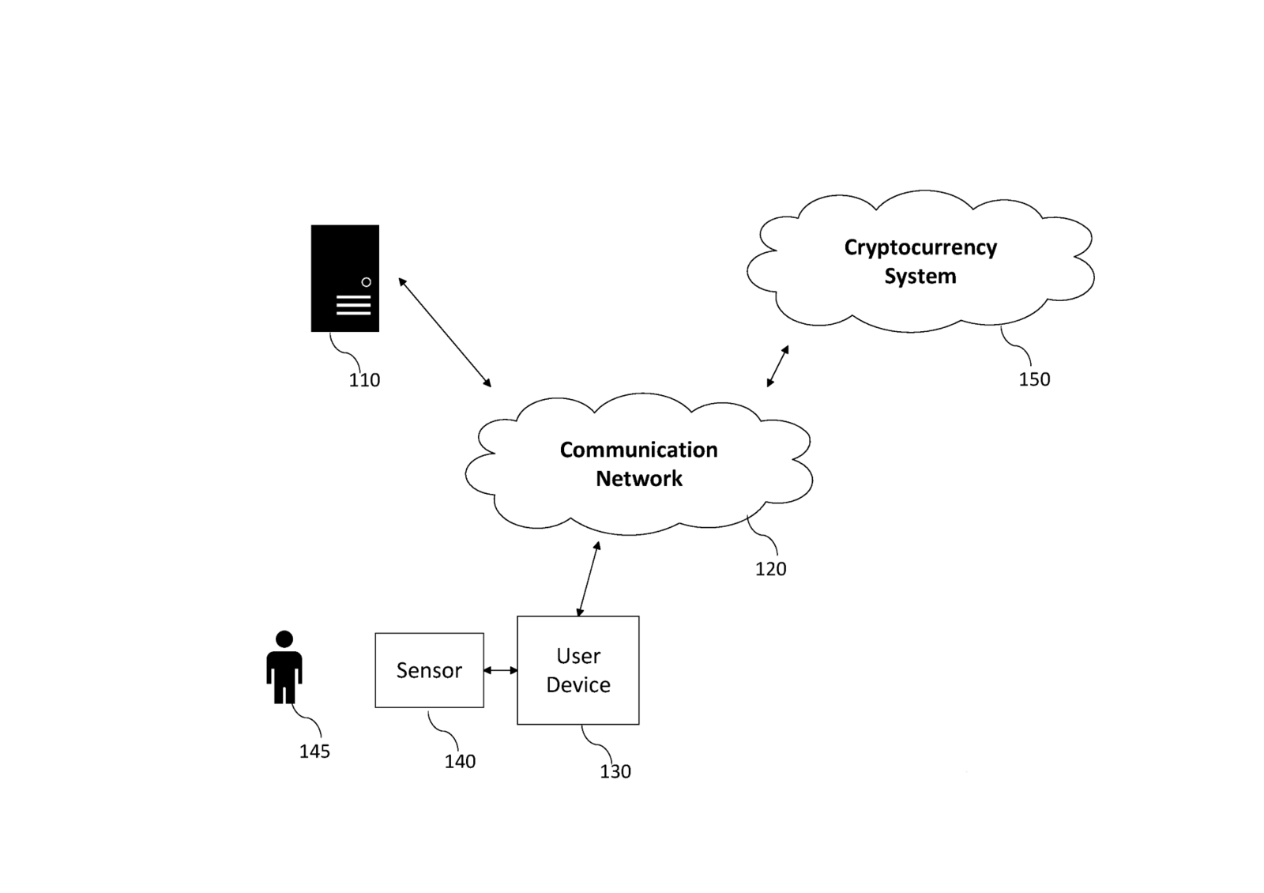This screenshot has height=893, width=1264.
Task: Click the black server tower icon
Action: pyautogui.click(x=344, y=278)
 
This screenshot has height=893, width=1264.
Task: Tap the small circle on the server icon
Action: pyautogui.click(x=367, y=282)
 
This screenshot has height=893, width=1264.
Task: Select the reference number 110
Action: pyautogui.click(x=364, y=380)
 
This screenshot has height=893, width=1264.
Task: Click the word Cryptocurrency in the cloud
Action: pyautogui.click(x=920, y=248)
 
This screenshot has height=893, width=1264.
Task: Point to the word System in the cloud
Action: pyautogui.click(x=920, y=276)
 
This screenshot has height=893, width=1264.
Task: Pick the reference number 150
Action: pyautogui.click(x=1034, y=379)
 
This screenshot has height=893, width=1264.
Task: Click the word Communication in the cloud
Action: pyautogui.click(x=639, y=450)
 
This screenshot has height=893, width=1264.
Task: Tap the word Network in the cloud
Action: pyautogui.click(x=639, y=479)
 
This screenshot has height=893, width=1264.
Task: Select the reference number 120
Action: pyautogui.click(x=771, y=569)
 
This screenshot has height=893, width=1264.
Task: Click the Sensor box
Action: pyautogui.click(x=430, y=670)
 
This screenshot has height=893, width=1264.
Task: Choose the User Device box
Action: pyautogui.click(x=578, y=670)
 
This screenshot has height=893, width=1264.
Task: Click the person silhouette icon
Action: pyautogui.click(x=284, y=667)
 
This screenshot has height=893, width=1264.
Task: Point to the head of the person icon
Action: pyautogui.click(x=284, y=639)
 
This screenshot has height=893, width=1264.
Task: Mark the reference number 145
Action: pyautogui.click(x=314, y=752)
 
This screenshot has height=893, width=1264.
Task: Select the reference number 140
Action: pyautogui.click(x=460, y=762)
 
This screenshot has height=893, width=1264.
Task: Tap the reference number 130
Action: pyautogui.click(x=615, y=771)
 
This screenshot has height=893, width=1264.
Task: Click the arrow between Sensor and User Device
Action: pyautogui.click(x=501, y=670)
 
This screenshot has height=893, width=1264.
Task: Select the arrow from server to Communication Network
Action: pyautogui.click(x=445, y=332)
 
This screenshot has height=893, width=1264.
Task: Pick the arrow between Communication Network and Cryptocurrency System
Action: pyautogui.click(x=777, y=367)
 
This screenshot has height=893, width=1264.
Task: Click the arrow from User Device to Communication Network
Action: pyautogui.click(x=589, y=578)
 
